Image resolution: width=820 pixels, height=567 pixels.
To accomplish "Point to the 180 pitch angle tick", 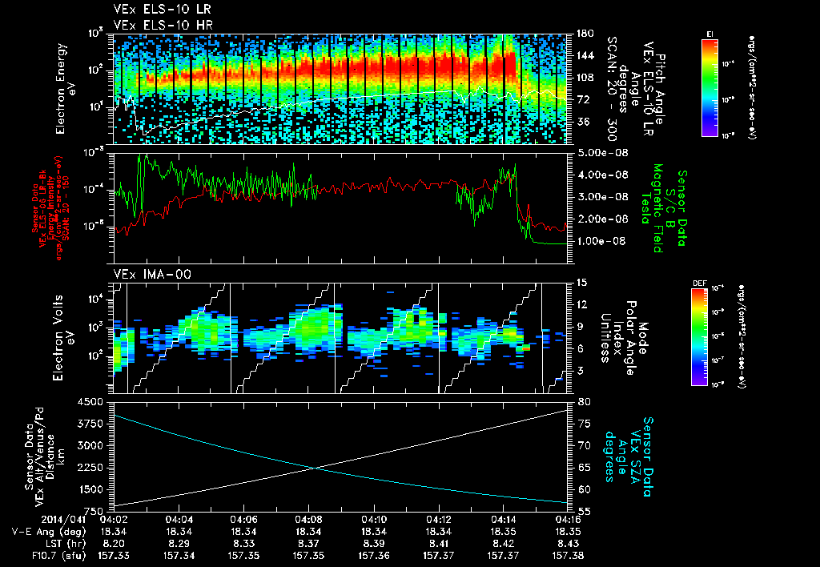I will click(x=577, y=34).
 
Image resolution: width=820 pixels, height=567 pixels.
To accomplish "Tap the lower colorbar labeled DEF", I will click(x=698, y=337).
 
